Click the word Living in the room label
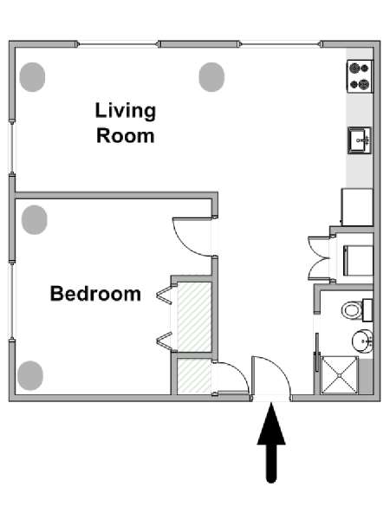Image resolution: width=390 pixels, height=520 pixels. [x=126, y=112]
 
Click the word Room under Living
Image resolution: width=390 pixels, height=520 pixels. [x=126, y=136]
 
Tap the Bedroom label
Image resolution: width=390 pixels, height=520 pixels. [x=95, y=294]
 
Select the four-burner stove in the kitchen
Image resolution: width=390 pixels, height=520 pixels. [x=361, y=76]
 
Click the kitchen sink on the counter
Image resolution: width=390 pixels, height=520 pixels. [x=360, y=140]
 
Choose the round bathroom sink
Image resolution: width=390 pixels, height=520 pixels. [x=362, y=341]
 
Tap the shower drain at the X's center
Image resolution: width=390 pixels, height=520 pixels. [x=340, y=375]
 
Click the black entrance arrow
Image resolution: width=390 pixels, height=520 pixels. [x=271, y=442]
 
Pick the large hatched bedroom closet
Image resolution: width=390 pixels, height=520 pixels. [x=194, y=317]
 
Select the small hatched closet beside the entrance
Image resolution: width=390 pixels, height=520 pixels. [x=194, y=376]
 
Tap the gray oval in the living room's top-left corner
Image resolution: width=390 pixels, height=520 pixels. [x=32, y=77]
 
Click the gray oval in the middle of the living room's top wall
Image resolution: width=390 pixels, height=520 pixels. [x=211, y=77]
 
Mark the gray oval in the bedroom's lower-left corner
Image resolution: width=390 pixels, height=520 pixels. [x=30, y=375]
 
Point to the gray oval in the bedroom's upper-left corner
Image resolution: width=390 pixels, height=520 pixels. [x=35, y=220]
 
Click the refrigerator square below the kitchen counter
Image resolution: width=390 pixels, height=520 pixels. [x=357, y=207]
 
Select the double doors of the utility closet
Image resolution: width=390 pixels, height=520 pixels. [x=319, y=258]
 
